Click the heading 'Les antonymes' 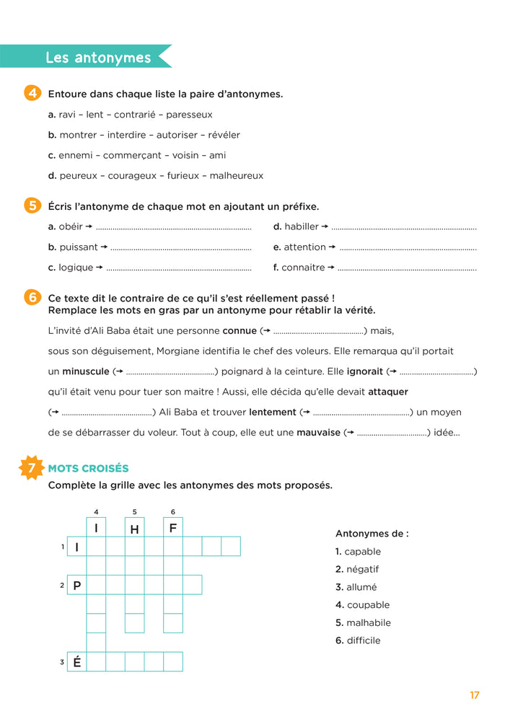coord(98,58)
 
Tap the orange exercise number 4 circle coord(32,94)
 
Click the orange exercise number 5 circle coord(32,206)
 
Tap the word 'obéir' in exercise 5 coord(71,226)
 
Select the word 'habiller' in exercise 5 coord(301,226)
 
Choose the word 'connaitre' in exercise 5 coord(304,268)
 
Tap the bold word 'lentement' coord(273,413)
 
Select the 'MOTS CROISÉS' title coord(88,469)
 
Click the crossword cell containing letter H coord(134,528)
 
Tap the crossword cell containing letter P coord(77,585)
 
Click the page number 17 coord(474,695)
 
